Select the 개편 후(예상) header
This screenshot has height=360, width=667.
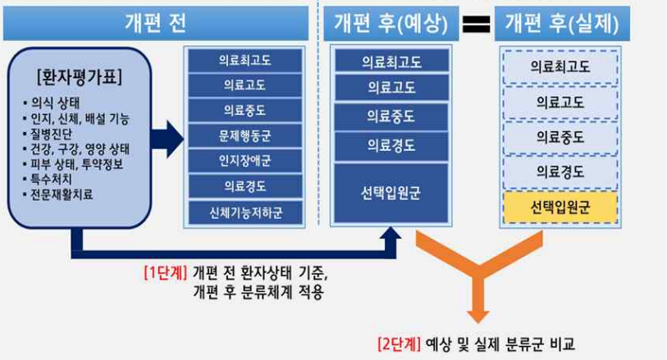pos(391,23)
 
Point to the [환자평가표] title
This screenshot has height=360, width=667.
pos(80,80)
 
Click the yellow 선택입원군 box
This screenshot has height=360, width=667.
pos(560,206)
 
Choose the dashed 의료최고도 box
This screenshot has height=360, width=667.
pos(560,66)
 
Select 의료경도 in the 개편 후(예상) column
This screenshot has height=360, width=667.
pos(391,146)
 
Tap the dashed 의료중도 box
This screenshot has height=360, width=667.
pos(560,137)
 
